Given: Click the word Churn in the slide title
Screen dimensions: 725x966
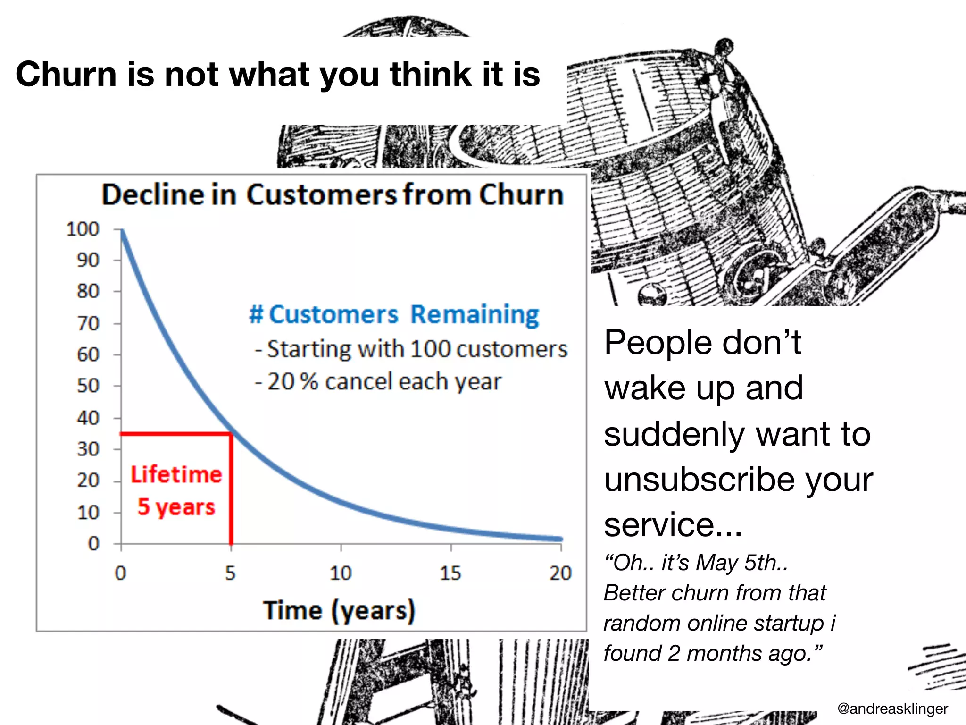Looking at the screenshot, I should click(66, 75).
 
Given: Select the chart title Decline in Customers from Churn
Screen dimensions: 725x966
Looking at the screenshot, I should click(333, 194).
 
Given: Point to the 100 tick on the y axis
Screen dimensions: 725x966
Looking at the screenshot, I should click(83, 229).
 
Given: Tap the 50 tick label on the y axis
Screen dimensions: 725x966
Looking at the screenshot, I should click(88, 386).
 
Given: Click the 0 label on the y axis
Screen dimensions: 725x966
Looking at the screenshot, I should click(93, 544).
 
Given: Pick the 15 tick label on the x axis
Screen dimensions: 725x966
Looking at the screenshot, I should click(450, 573).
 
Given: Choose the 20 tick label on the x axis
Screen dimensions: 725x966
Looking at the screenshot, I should click(560, 573).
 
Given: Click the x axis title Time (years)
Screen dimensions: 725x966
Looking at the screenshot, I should click(339, 610).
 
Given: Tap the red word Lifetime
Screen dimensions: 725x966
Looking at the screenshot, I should click(176, 474).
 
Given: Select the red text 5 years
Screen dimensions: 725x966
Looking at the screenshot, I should click(176, 507).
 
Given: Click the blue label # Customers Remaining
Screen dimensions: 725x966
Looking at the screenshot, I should click(394, 315).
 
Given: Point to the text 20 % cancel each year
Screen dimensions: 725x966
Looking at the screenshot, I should click(383, 381).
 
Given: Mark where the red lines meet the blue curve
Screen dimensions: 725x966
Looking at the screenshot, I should click(231, 433).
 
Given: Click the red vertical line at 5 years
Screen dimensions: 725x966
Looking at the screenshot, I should click(231, 491).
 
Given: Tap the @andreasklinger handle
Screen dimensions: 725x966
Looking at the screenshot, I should click(892, 708).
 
